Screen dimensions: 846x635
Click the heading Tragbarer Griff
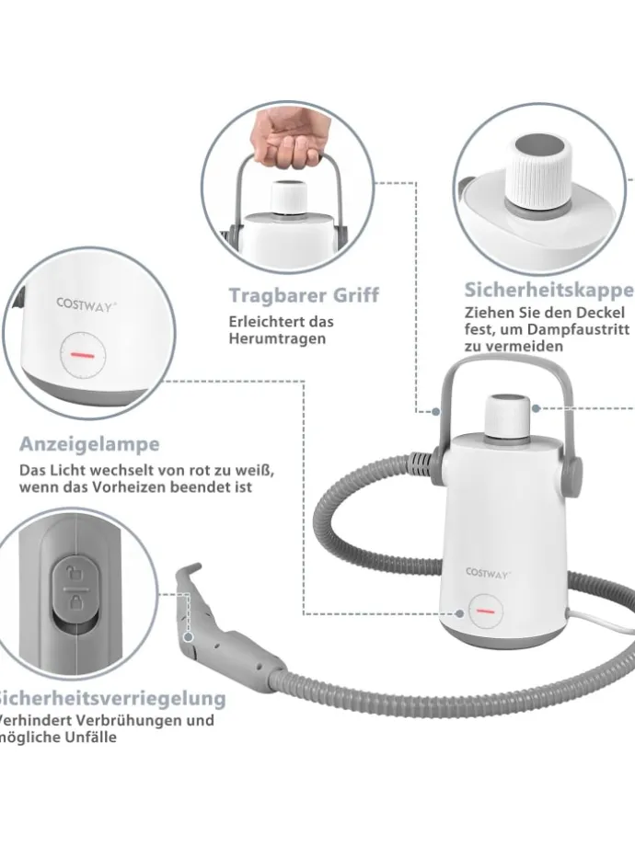304,295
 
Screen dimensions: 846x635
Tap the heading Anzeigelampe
89,444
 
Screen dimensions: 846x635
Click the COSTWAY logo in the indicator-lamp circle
86,303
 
